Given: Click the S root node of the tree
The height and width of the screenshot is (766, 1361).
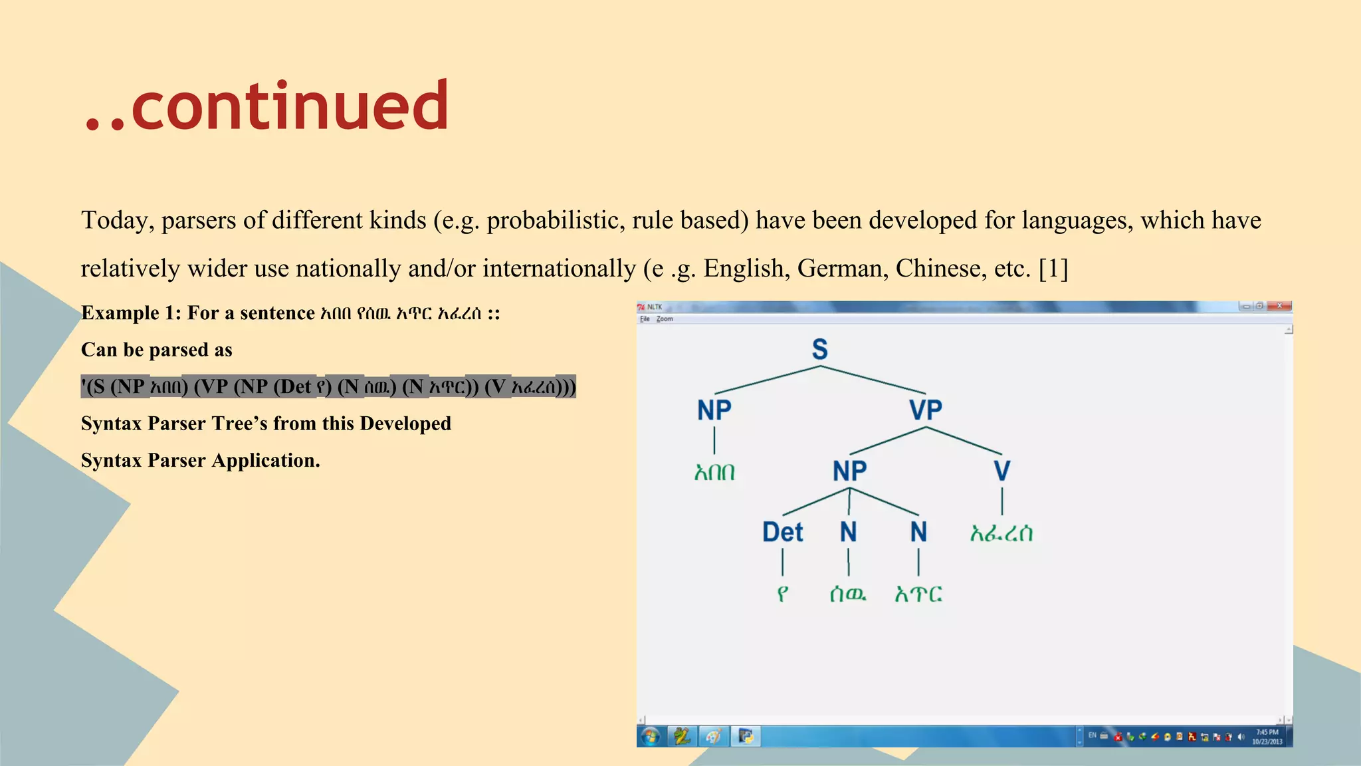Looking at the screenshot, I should click(x=820, y=349).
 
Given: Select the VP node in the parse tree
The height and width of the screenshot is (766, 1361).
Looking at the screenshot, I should click(x=926, y=410).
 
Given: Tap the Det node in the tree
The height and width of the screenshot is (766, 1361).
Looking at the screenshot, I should click(x=783, y=532).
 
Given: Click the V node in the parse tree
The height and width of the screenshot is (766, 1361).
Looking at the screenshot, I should click(x=1001, y=471).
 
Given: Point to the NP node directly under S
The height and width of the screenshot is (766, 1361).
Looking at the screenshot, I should click(x=714, y=410).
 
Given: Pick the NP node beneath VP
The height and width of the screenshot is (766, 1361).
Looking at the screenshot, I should click(x=850, y=471).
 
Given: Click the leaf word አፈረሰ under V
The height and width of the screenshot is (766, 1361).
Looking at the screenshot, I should click(x=1001, y=533).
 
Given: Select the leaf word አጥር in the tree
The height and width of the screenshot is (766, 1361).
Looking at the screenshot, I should click(x=918, y=594).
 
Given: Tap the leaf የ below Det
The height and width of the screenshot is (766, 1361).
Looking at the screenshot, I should click(x=783, y=594).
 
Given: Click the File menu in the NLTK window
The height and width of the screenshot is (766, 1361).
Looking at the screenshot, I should click(x=645, y=319).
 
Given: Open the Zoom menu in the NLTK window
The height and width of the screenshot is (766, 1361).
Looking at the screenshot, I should click(x=665, y=319).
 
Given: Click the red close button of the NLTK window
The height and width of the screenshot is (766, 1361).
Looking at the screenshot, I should click(x=1279, y=306).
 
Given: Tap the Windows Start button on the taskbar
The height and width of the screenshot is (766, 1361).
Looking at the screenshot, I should click(x=651, y=736).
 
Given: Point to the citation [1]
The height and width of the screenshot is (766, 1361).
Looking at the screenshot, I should click(x=1053, y=269).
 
